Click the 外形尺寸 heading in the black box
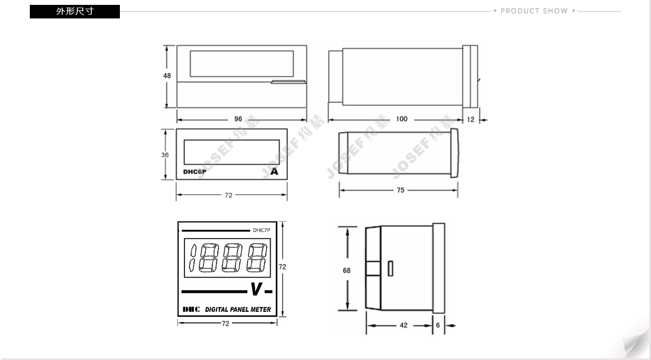point(74,11)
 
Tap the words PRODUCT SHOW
point(534,11)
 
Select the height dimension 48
point(167,76)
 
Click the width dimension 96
point(238,119)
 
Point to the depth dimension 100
point(401,119)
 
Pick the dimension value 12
point(470,120)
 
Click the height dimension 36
point(165,155)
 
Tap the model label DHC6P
point(194,172)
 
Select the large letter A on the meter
point(275,172)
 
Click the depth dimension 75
point(400,190)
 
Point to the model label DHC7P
point(261,230)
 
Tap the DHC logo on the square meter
point(191,310)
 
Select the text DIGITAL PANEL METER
point(238,310)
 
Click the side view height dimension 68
point(347,271)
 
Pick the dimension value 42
point(403,325)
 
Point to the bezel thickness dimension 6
point(438,325)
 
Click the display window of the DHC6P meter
point(232,151)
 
